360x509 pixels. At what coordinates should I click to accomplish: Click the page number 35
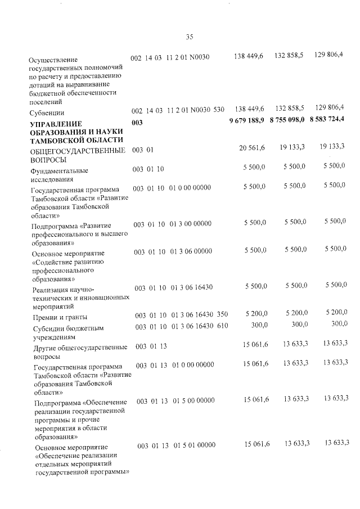(x=189, y=37)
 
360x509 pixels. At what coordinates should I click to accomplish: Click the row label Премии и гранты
(x=59, y=319)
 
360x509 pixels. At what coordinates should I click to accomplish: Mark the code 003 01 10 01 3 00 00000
(x=172, y=224)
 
